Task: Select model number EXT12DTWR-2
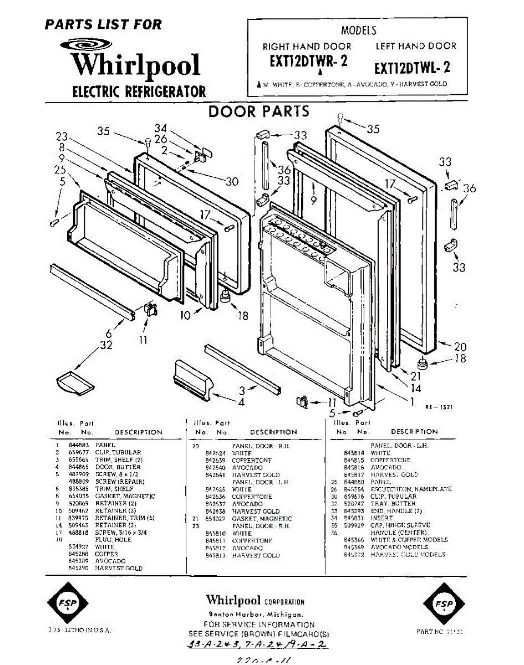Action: pos(308,62)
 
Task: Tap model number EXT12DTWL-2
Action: pos(412,68)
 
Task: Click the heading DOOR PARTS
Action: pos(258,111)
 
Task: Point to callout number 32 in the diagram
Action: pos(106,345)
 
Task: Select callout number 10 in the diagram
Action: pos(185,315)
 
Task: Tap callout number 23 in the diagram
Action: pos(62,137)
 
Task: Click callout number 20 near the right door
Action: pos(460,347)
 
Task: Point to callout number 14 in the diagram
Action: pos(416,388)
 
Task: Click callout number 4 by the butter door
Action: pos(241,401)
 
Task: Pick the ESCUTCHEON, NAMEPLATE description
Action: pos(411,489)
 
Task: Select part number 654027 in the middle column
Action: pos(215,519)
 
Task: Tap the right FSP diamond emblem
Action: pos(442,603)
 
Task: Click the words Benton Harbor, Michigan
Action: pos(255,615)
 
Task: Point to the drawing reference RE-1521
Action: pos(439,407)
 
